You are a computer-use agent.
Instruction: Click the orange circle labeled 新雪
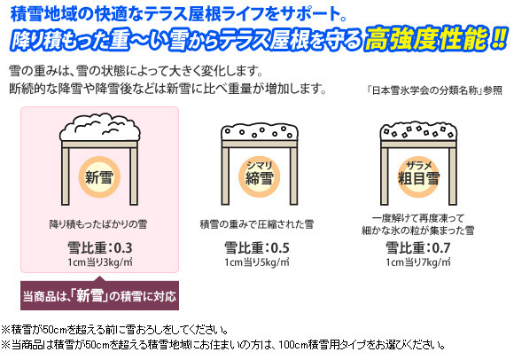coord(99,177)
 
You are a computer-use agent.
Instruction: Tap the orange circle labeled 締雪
coord(259,176)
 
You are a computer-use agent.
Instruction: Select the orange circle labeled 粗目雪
coord(418,176)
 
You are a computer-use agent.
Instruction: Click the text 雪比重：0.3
coord(100,247)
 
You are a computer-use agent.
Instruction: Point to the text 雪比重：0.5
coord(257,247)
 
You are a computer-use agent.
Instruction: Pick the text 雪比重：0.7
coord(418,247)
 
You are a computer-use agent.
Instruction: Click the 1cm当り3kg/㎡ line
coord(100,262)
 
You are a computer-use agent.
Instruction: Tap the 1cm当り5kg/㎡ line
coord(257,262)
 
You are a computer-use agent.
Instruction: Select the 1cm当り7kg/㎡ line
coord(418,262)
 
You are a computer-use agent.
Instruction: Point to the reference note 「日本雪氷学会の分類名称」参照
coord(434,90)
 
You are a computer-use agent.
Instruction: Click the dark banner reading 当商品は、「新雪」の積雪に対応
coord(99,296)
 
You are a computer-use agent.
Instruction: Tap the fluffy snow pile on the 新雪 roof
coord(100,127)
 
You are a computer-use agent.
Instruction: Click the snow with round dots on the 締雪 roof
coord(260,132)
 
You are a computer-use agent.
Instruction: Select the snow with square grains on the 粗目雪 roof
coord(418,131)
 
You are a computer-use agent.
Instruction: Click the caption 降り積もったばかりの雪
coord(98,224)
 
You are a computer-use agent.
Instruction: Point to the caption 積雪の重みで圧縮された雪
coord(257,224)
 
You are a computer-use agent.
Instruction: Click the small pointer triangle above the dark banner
coord(100,279)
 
